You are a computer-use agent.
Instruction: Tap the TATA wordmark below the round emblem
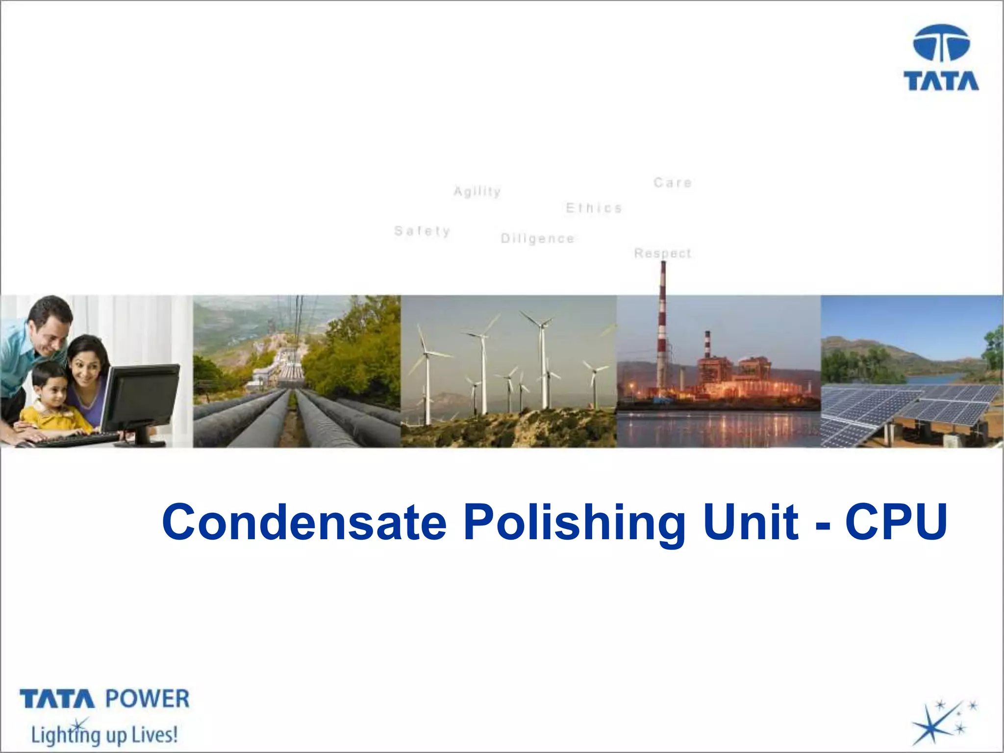pyautogui.click(x=941, y=81)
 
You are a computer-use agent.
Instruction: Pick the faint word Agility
pyautogui.click(x=477, y=191)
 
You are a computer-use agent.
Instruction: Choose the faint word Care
pyautogui.click(x=673, y=183)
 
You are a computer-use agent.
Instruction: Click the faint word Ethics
pyautogui.click(x=594, y=208)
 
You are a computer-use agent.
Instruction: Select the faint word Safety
pyautogui.click(x=422, y=231)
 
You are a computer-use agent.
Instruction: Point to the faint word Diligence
pyautogui.click(x=537, y=239)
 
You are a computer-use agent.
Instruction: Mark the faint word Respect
pyautogui.click(x=662, y=253)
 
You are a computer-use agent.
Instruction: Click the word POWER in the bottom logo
pyautogui.click(x=147, y=699)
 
